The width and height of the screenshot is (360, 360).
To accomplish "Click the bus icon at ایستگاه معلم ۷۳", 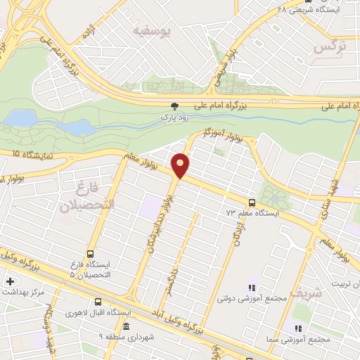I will pos(252,203).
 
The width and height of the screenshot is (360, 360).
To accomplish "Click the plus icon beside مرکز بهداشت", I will pos(10,282).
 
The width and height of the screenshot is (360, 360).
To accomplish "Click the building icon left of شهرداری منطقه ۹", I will pos(125,328).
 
